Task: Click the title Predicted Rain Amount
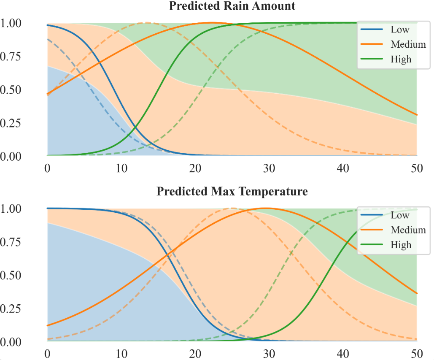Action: coord(232,6)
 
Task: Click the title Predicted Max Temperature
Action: coord(232,192)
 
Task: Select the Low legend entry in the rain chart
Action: coord(398,30)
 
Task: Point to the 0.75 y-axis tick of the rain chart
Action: coord(13,57)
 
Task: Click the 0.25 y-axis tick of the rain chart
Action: coord(13,123)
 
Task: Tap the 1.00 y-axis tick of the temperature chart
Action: coord(13,209)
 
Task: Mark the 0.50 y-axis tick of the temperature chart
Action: coord(13,276)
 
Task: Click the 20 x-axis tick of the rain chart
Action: coord(195,168)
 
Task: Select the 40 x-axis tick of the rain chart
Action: coord(343,168)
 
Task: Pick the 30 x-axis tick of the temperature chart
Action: coord(269,353)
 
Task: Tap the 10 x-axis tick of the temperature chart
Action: coord(121,353)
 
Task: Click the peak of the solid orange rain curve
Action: coord(212,23)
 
